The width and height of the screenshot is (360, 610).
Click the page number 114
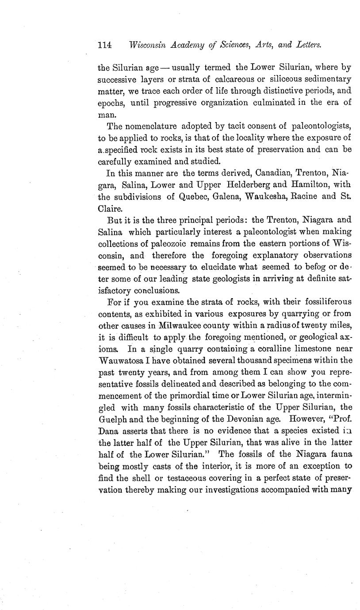pyautogui.click(x=104, y=45)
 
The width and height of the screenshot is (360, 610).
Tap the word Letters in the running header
pyautogui.click(x=305, y=45)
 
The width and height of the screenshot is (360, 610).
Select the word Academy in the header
pyautogui.click(x=200, y=45)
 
